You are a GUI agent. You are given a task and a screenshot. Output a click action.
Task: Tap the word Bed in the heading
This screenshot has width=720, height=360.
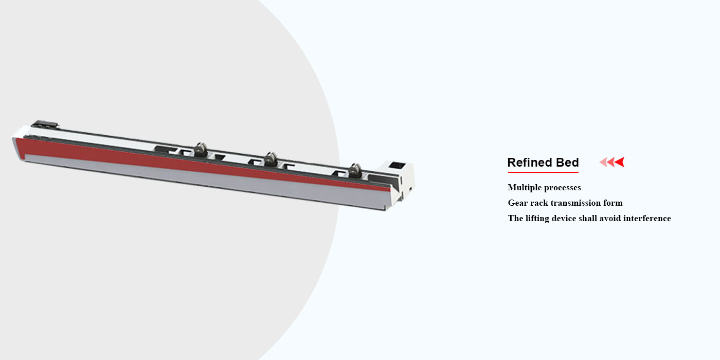coord(567,163)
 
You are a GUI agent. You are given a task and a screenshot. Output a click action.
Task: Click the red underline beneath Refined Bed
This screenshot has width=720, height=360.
coord(543,172)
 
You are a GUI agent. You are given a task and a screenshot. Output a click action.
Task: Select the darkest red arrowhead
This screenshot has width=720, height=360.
coord(620,162)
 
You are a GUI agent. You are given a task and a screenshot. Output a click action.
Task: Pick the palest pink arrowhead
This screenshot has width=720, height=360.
coord(603,162)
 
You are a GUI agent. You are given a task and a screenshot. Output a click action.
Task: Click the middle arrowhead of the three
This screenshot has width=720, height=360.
coord(611,162)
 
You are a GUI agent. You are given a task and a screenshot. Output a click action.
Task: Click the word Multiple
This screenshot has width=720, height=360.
coord(523,188)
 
